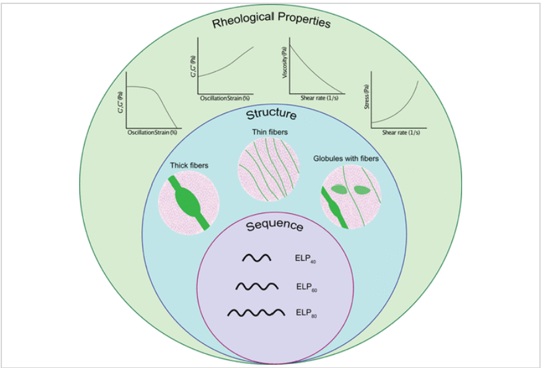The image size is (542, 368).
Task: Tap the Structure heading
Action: click(x=271, y=115)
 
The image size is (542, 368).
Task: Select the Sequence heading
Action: click(x=274, y=226)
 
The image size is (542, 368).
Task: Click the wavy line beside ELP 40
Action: click(x=256, y=258)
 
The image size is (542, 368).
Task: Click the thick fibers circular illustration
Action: click(x=186, y=201)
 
